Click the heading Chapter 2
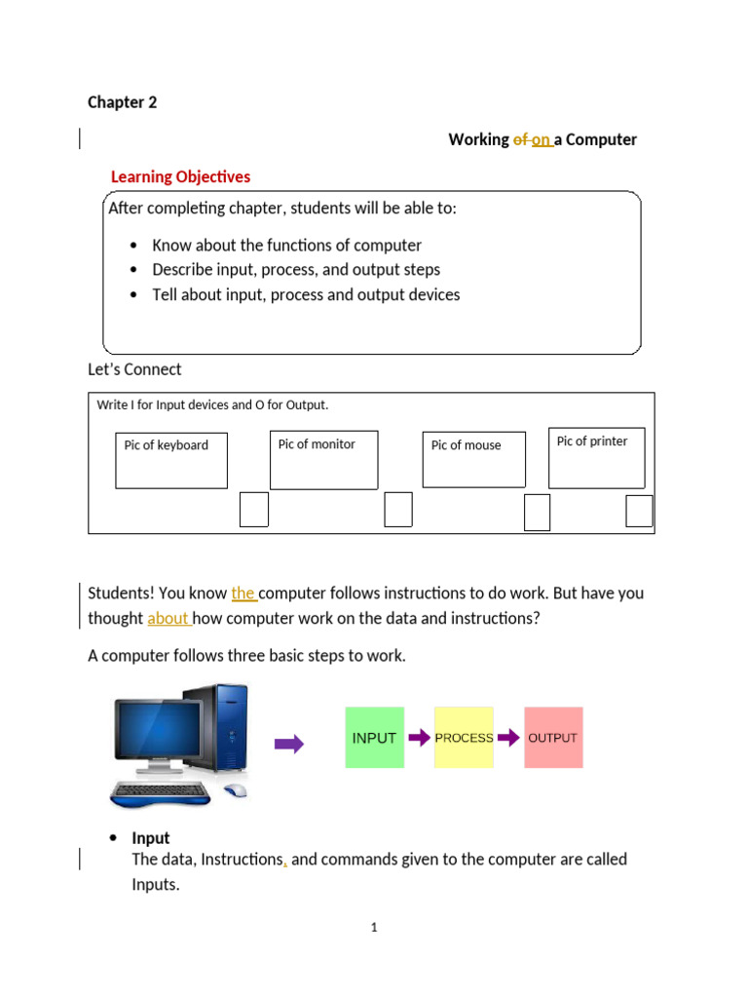(122, 102)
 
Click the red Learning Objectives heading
(180, 176)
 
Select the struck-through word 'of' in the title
(520, 139)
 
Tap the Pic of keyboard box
(171, 460)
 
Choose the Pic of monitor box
(323, 460)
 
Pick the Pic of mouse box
(473, 459)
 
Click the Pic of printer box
(596, 457)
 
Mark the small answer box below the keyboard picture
(254, 510)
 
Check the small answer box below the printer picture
(639, 511)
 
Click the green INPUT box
(375, 738)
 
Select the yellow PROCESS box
(464, 738)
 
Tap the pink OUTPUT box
(553, 738)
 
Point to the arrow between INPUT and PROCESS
(419, 738)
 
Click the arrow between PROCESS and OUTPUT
(508, 738)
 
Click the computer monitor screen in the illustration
(158, 733)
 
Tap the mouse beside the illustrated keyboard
(235, 790)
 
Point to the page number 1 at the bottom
(373, 928)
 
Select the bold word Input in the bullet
(151, 838)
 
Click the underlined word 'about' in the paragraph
(168, 618)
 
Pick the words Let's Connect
(134, 369)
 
